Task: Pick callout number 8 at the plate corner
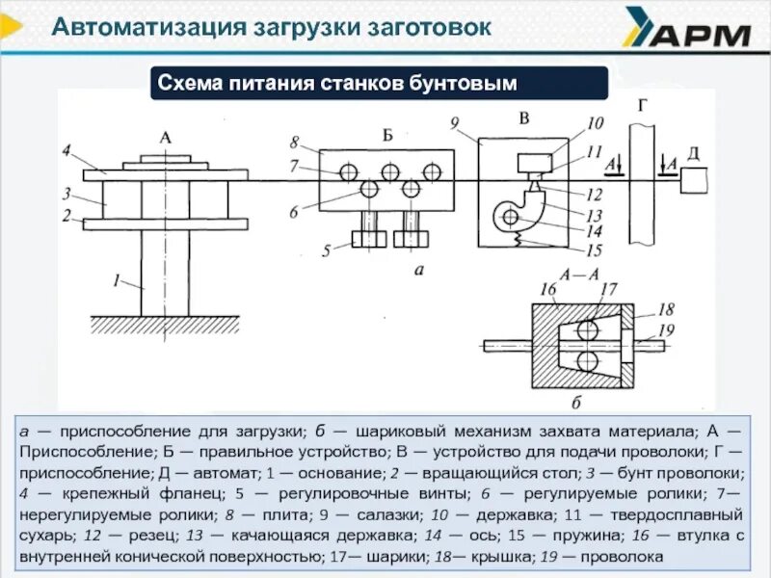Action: coord(293,142)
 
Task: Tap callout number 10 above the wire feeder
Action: coord(594,123)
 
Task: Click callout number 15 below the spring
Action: coord(595,250)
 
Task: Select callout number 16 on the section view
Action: coord(548,288)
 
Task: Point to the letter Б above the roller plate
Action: coord(387,135)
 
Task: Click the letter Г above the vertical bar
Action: coord(642,104)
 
